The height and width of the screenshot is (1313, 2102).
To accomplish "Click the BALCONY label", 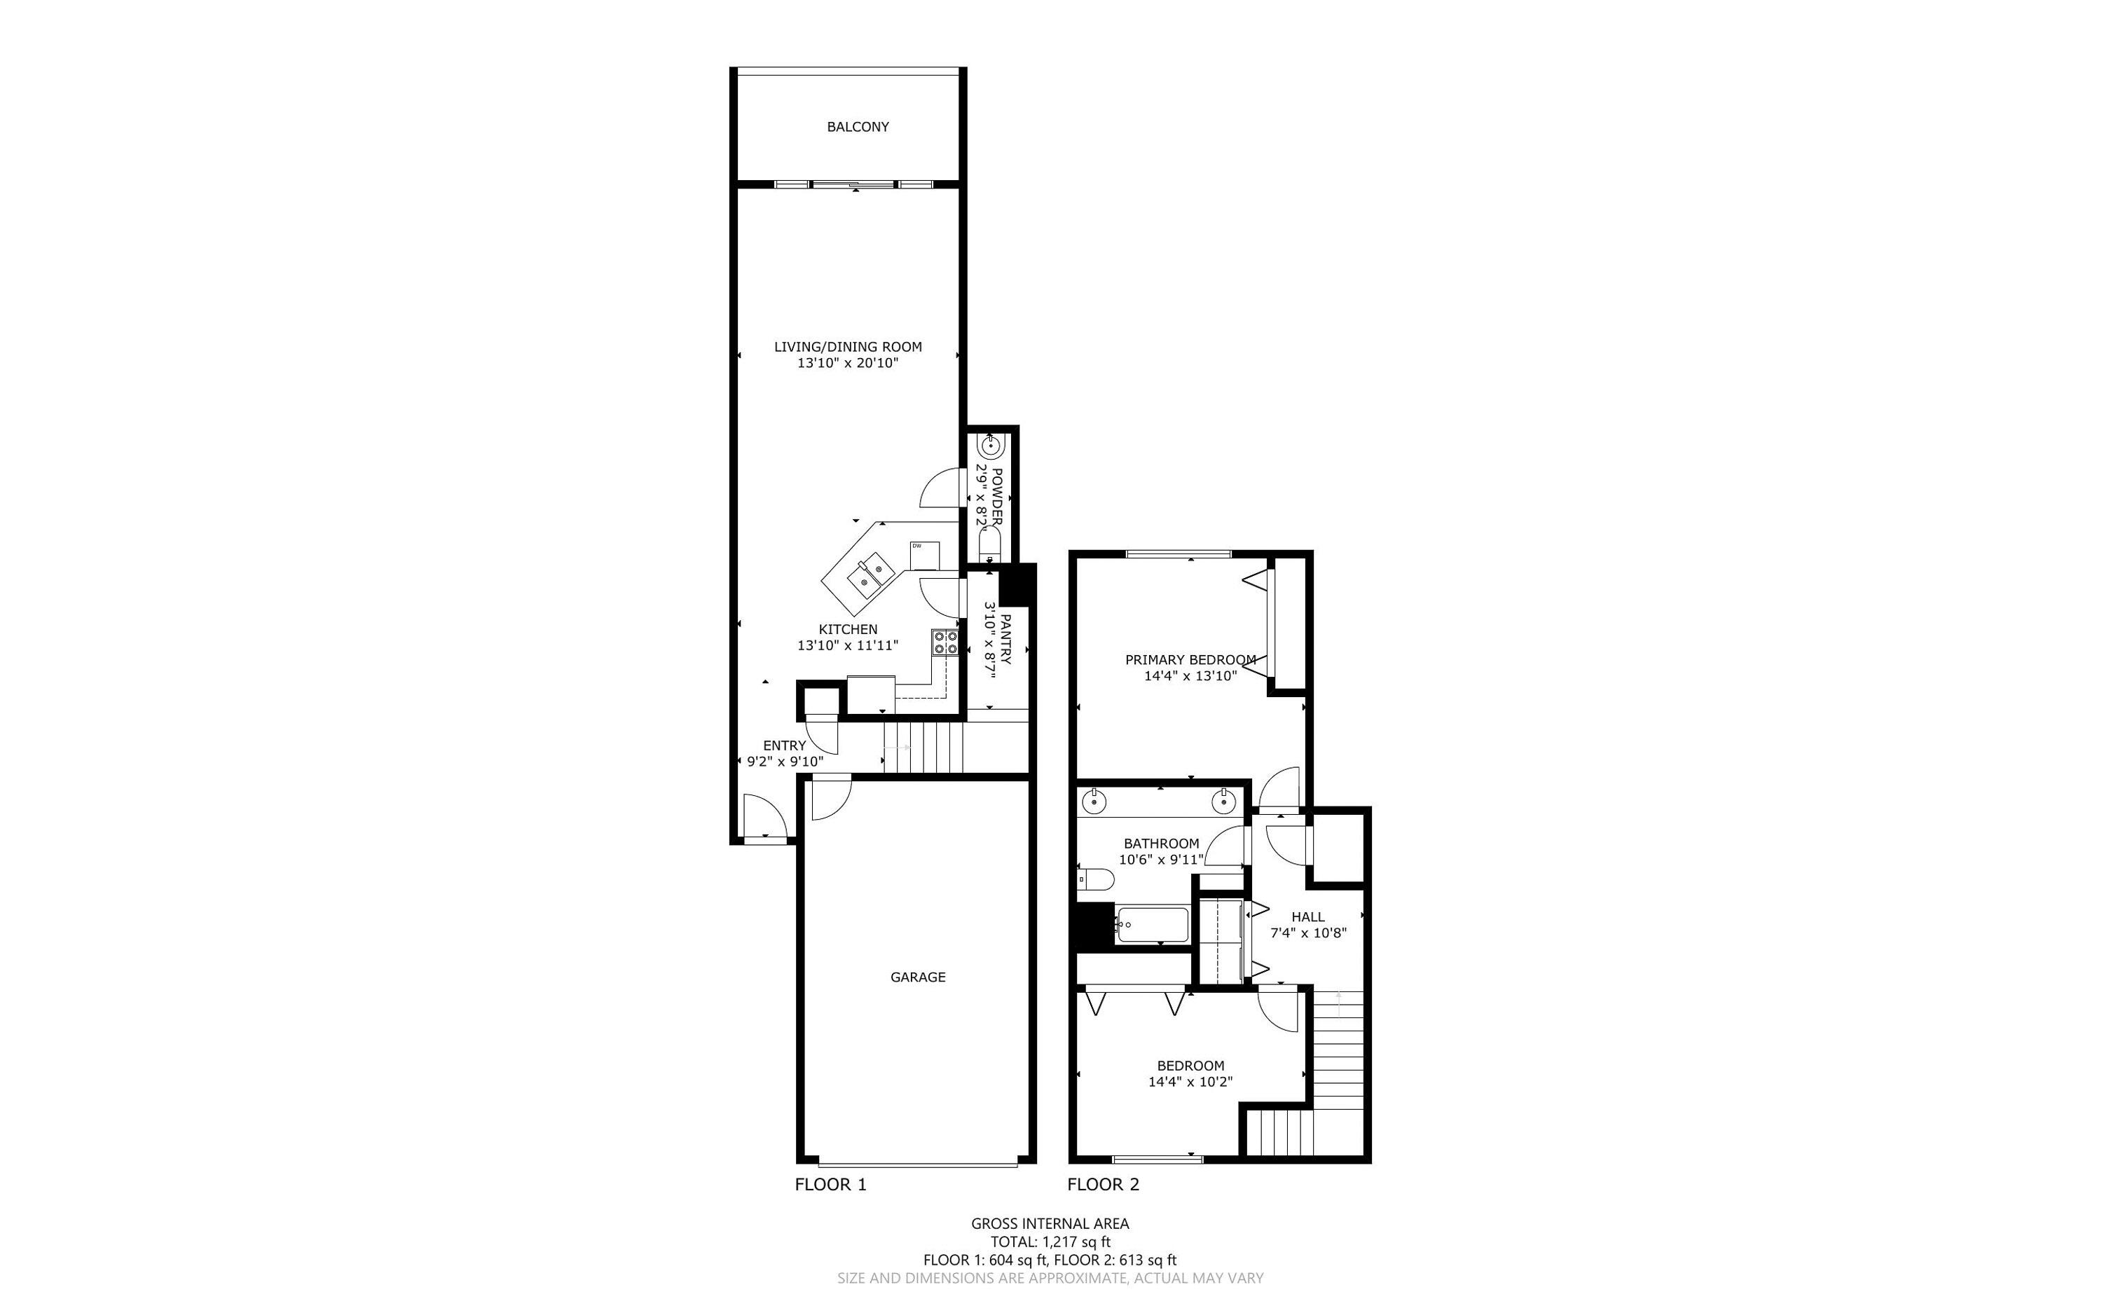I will tap(857, 127).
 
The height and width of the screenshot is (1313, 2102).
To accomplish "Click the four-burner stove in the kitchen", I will tap(944, 642).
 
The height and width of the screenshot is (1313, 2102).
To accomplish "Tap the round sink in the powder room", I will tap(991, 447).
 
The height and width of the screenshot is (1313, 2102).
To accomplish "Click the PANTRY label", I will tap(1005, 640).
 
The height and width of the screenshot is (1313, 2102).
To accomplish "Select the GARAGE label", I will tap(918, 977).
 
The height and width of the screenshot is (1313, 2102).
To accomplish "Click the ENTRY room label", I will tap(784, 745).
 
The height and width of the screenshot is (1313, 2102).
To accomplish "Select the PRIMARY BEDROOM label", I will tap(1190, 660).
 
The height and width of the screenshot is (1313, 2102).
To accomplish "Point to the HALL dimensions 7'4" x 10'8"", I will tap(1308, 933).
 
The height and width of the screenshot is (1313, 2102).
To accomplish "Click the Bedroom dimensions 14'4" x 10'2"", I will tap(1190, 1082).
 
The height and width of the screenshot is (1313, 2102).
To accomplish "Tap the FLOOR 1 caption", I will tap(830, 1185).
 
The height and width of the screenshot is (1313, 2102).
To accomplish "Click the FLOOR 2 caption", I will tap(1103, 1185).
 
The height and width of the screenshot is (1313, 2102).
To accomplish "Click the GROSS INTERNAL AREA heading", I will tap(1050, 1223).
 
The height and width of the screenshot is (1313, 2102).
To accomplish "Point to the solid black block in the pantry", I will tap(1017, 584).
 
